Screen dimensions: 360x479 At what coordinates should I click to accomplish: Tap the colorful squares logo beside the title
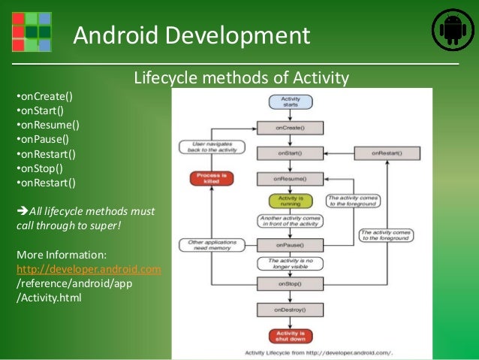click(32, 31)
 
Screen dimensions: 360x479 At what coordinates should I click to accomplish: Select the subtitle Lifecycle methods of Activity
click(241, 77)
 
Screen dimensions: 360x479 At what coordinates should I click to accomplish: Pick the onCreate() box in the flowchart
click(290, 128)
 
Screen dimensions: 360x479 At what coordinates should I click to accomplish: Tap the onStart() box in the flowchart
click(290, 153)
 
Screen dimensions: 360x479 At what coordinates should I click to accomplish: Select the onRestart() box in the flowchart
click(387, 153)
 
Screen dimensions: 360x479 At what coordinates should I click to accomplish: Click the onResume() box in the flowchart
click(290, 179)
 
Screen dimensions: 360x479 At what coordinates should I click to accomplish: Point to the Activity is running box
click(290, 201)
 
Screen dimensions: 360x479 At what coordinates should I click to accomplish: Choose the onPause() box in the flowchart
click(290, 245)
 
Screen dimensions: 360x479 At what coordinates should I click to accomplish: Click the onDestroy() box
click(290, 309)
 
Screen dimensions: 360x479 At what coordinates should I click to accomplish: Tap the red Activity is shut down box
click(290, 335)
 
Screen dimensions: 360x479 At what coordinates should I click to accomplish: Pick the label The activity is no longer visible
click(290, 264)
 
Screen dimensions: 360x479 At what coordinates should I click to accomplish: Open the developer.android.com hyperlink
click(89, 269)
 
